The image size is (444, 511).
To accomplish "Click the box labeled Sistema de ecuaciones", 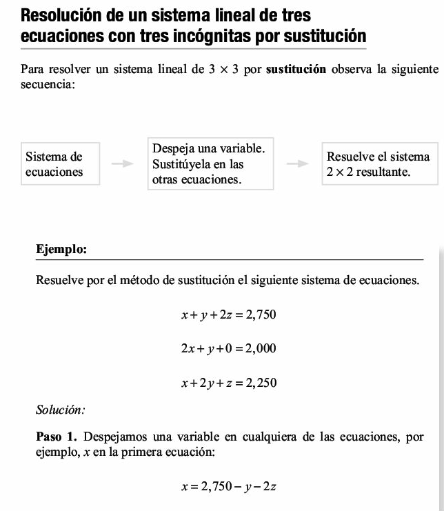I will point(61,164).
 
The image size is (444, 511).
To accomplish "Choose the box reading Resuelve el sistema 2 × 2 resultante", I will point(379,164).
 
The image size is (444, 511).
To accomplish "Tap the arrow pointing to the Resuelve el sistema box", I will point(297,164).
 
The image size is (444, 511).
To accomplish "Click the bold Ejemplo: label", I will point(61,249).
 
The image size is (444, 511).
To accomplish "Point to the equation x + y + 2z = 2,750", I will point(228,315).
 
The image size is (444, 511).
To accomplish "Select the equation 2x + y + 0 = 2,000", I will point(228,349).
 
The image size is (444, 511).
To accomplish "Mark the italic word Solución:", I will point(60,410).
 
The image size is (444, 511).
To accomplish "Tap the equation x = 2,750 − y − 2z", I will point(228,487).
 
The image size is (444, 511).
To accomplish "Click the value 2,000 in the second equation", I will point(261,349).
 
